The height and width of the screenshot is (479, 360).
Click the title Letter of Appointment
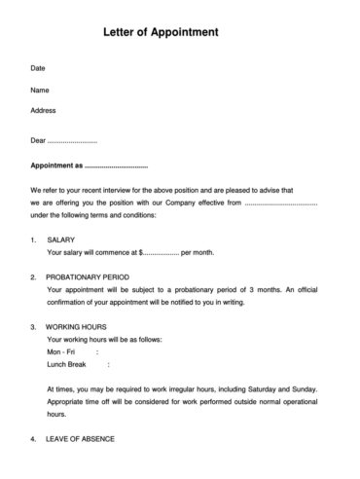coord(161,32)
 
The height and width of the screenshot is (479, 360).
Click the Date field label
coord(39,69)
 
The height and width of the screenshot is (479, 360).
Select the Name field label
coord(41,91)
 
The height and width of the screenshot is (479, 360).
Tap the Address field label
coord(44,110)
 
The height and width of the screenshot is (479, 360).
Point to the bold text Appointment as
coord(57,166)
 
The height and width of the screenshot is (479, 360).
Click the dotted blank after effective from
coord(281,203)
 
